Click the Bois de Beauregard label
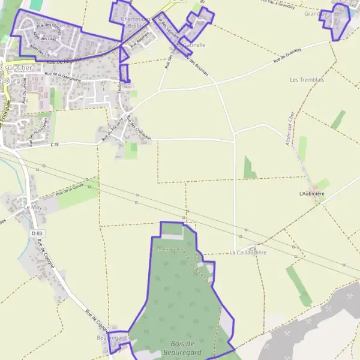tap(181, 347)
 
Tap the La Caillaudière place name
tap(248, 253)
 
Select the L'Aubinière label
tap(312, 194)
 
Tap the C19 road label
tap(55, 145)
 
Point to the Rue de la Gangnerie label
tap(62, 76)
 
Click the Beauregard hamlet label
tap(112, 338)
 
